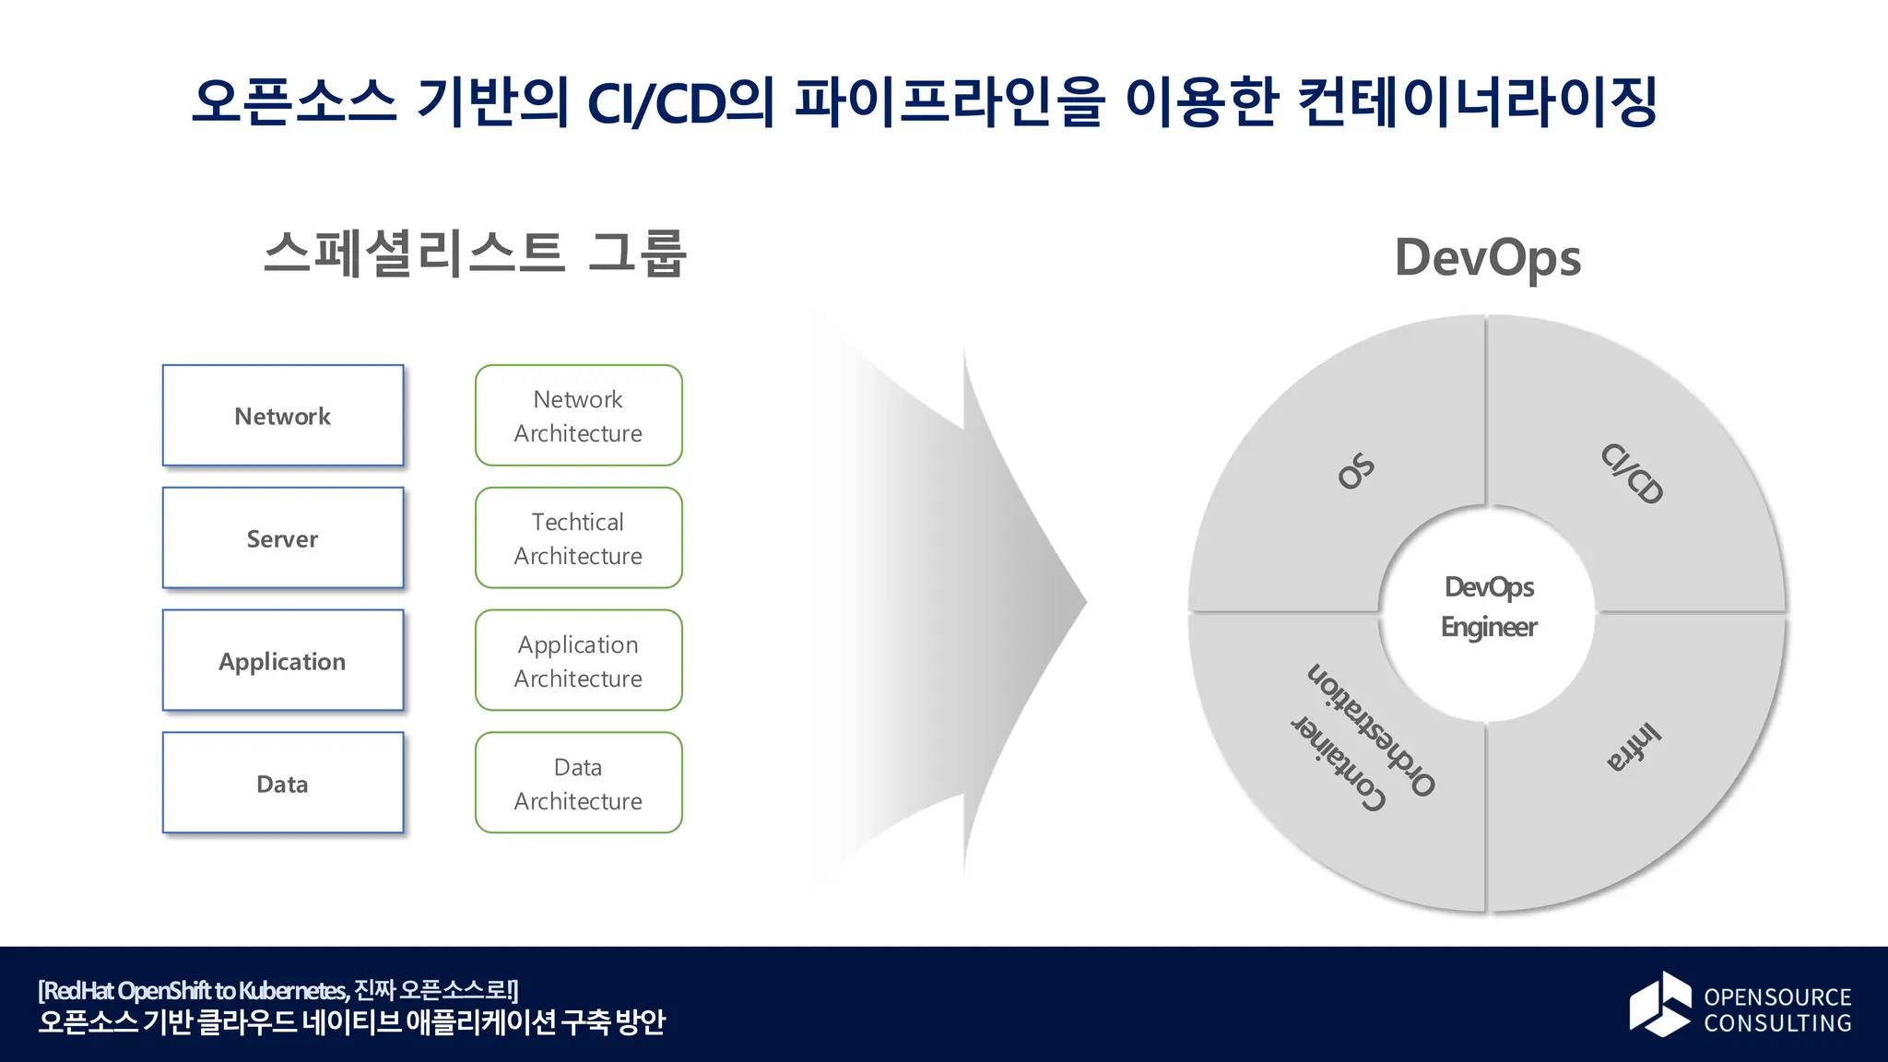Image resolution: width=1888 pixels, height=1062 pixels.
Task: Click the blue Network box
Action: point(283,416)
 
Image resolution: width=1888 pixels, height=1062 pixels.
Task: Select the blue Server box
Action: point(283,538)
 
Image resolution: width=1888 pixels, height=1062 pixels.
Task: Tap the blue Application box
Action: point(283,661)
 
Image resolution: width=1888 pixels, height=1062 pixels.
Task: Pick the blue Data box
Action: point(283,784)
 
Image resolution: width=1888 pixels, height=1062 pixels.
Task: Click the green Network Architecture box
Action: point(578,416)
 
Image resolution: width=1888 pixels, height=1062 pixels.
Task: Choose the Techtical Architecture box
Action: point(578,538)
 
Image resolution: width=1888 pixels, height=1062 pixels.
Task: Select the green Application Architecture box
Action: point(578,661)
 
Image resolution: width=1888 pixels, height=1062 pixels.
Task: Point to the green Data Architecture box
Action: point(578,784)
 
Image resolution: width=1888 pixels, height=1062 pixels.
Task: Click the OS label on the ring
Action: point(1356,471)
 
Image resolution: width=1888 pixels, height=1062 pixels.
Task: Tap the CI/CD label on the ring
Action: point(1632,474)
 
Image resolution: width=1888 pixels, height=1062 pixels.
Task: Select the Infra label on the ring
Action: point(1634,747)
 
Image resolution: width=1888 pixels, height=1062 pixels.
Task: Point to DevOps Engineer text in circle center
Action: point(1488,607)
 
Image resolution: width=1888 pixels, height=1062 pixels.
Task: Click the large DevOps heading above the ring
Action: point(1487,257)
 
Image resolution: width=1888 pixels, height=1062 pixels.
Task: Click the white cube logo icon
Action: point(1659,1004)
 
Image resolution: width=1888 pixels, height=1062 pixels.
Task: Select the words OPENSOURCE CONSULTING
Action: point(1776,1009)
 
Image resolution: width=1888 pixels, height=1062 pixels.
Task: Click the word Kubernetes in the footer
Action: point(292,991)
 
